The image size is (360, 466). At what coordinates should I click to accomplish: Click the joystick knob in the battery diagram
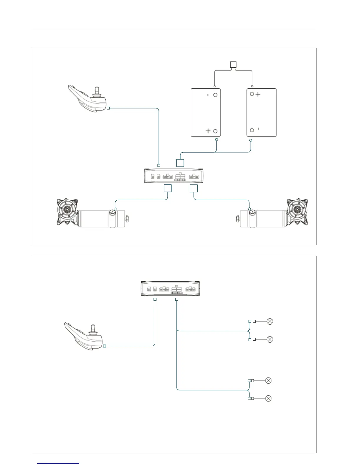point(97,90)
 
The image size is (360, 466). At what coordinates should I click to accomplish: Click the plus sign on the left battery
point(208,131)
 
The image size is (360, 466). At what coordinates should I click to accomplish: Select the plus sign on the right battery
point(258,94)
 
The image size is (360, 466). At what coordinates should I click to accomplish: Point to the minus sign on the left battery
point(208,95)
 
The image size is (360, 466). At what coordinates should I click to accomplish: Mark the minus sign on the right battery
point(258,129)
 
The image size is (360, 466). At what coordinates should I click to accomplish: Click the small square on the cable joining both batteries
point(233,65)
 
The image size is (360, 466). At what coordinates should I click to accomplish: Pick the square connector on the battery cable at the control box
point(180,163)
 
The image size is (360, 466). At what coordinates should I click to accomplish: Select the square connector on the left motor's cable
point(168,188)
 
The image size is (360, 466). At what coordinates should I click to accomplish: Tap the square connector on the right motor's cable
point(194,188)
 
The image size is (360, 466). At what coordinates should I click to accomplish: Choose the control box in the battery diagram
point(174,176)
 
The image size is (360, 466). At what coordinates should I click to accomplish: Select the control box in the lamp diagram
point(170,289)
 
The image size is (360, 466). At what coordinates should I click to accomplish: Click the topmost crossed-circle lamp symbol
point(270,322)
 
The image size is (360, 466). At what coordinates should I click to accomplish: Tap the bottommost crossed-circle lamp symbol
point(268,398)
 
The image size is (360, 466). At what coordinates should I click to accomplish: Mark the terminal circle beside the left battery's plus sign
point(215,131)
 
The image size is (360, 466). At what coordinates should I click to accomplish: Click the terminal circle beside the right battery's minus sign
point(252,130)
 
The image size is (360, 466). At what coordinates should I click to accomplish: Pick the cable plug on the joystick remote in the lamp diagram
point(104,346)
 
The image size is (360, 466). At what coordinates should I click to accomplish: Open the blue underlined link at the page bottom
point(58,463)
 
